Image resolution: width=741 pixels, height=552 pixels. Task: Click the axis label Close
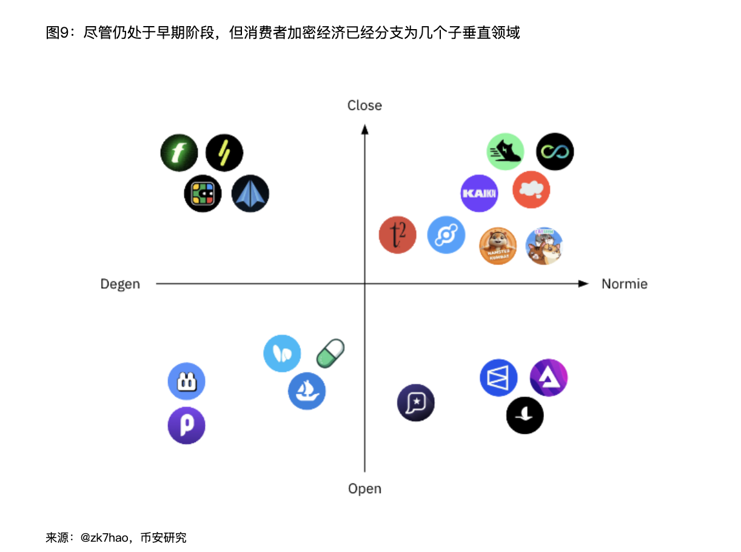(x=364, y=106)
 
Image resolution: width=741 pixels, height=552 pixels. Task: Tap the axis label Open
(x=364, y=488)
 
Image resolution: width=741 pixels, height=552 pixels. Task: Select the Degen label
(x=120, y=284)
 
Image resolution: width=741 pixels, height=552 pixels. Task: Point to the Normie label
(x=624, y=284)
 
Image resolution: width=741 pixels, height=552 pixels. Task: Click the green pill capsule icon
(x=330, y=353)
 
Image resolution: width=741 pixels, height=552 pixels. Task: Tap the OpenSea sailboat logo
(x=307, y=391)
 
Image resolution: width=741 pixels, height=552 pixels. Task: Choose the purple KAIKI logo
(x=479, y=194)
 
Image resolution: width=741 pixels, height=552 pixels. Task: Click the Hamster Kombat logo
(x=498, y=246)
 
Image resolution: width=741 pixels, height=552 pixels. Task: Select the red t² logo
(x=397, y=235)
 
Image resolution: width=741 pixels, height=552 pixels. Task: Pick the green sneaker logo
(x=506, y=152)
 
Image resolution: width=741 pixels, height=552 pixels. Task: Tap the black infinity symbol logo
(x=555, y=152)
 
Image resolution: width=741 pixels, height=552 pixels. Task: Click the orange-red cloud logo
(x=531, y=190)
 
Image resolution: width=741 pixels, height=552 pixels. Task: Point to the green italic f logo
(x=179, y=152)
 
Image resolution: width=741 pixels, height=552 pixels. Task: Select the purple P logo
(x=186, y=425)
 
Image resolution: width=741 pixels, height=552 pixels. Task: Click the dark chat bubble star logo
(x=416, y=402)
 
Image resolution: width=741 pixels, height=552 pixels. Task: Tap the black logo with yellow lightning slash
(x=224, y=152)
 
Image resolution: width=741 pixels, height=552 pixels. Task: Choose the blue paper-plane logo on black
(x=250, y=194)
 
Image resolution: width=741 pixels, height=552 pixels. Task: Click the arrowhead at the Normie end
(x=584, y=283)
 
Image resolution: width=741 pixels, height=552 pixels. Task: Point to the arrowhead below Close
(x=364, y=128)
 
